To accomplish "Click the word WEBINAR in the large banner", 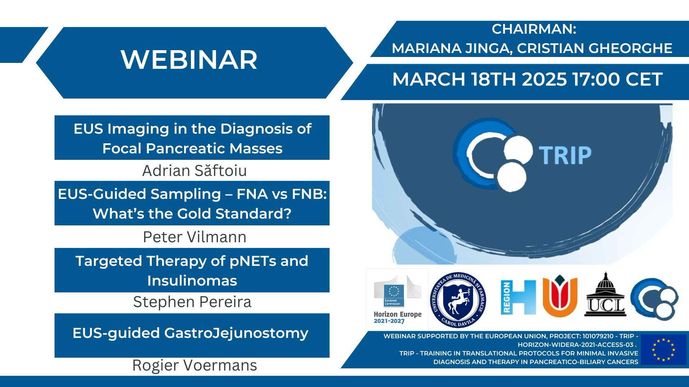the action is (189, 59).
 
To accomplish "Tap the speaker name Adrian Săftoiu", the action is (194, 171).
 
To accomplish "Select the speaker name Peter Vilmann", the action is (194, 237).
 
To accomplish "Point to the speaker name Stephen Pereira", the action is (192, 302).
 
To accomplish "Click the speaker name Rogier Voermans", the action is (194, 365).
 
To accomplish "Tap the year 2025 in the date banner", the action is (544, 79).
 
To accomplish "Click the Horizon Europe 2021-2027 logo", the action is (397, 300).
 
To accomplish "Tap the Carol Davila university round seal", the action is (458, 300).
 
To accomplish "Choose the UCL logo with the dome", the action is (605, 295).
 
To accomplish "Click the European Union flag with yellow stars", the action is (664, 349).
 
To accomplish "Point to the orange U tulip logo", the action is (560, 295).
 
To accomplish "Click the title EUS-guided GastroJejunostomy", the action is (191, 333).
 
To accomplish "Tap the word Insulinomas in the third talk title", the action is (192, 281).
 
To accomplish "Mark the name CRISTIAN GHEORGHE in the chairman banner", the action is (595, 48).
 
